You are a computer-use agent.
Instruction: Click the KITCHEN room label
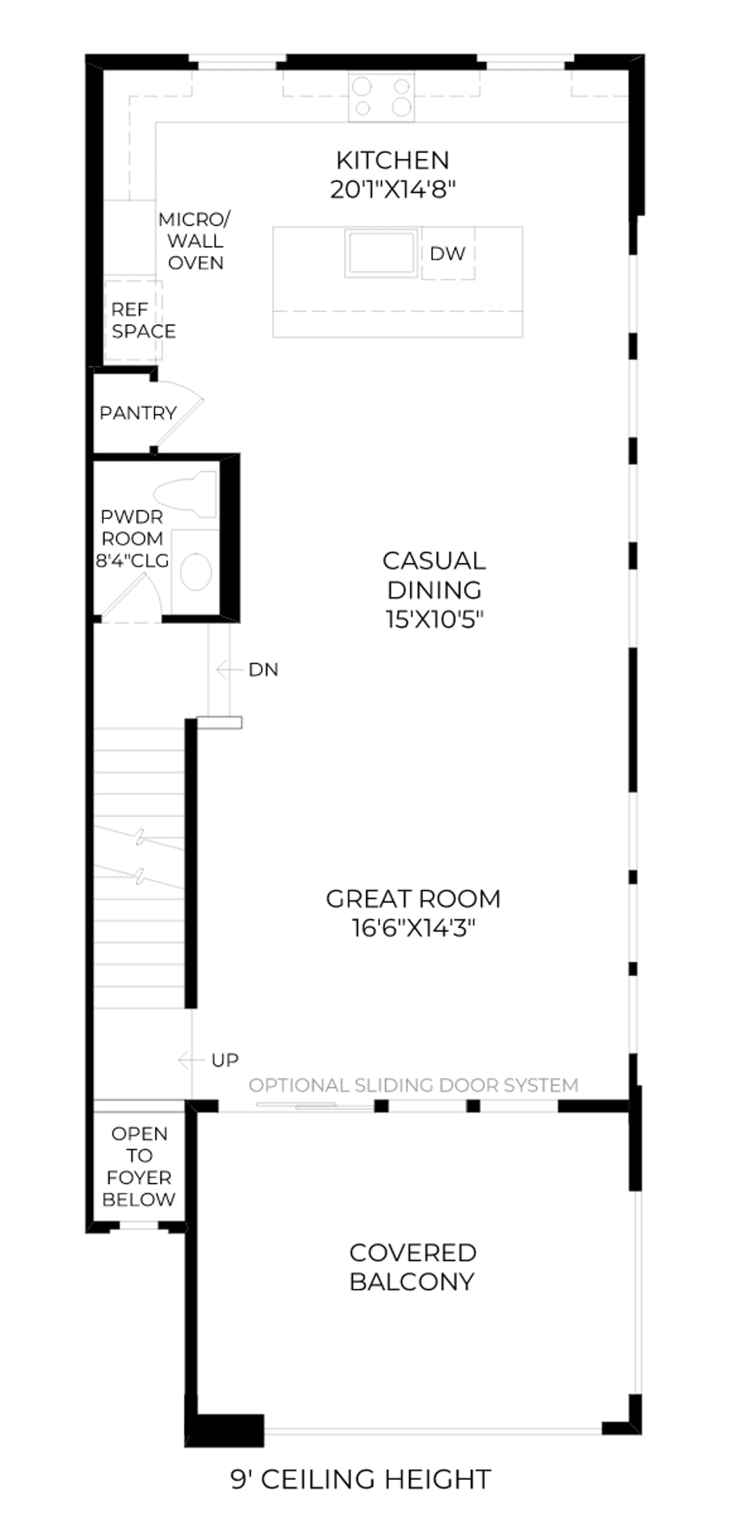tap(392, 160)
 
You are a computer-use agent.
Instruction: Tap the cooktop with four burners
tap(381, 98)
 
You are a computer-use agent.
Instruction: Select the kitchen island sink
tap(380, 252)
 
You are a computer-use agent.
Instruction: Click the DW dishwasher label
tap(448, 253)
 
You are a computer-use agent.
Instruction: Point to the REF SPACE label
tap(143, 321)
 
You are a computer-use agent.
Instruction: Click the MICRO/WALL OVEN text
tap(195, 241)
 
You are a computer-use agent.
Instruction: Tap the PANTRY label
tap(138, 413)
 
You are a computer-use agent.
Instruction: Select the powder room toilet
tap(185, 494)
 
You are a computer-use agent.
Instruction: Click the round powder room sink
tap(196, 571)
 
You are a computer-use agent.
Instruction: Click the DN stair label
tap(263, 669)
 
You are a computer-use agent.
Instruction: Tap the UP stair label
tap(225, 1060)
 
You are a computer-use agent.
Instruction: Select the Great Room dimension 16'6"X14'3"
tap(413, 929)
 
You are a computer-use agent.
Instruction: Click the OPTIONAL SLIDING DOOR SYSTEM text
tap(413, 1085)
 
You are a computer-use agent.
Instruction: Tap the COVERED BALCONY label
tap(413, 1267)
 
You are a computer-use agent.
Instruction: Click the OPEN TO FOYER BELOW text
tap(139, 1167)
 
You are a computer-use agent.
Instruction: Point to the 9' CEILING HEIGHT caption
tap(361, 1479)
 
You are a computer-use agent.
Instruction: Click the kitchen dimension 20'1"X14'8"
tap(393, 190)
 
